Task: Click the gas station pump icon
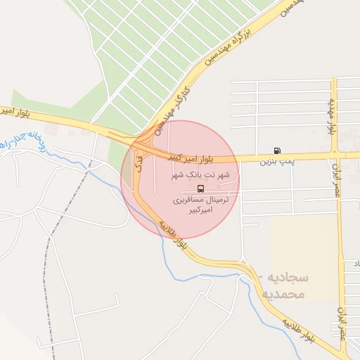pyautogui.click(x=279, y=150)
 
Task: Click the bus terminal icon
pyautogui.click(x=202, y=188)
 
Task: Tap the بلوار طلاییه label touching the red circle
pyautogui.click(x=173, y=236)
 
